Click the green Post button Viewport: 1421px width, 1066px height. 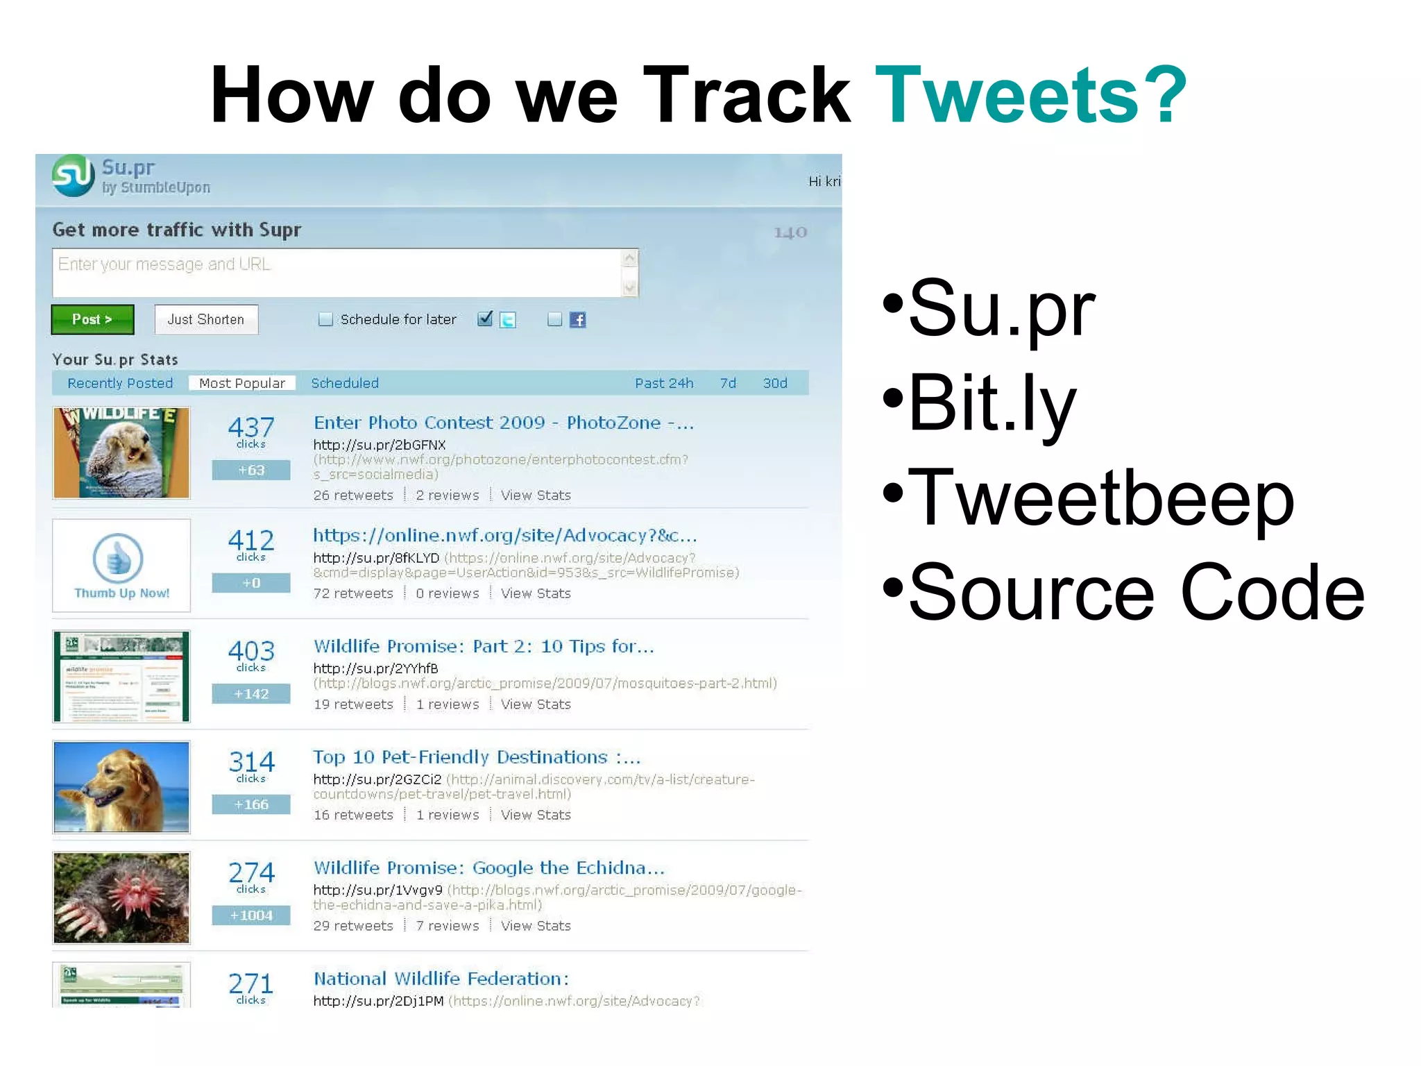(x=92, y=319)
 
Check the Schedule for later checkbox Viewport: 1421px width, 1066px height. (x=325, y=319)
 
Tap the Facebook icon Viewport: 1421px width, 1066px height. (x=577, y=319)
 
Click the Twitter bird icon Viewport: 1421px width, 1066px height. (x=508, y=319)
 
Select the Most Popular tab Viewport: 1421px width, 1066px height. (x=241, y=383)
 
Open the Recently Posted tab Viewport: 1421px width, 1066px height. (x=120, y=383)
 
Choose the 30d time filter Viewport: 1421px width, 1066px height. (x=775, y=383)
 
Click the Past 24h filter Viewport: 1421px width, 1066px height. (x=664, y=383)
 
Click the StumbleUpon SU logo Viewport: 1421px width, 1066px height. (x=74, y=176)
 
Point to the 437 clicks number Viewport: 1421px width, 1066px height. (x=251, y=427)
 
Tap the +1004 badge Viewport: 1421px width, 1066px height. (x=251, y=915)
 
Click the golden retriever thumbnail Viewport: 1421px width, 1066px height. (x=121, y=787)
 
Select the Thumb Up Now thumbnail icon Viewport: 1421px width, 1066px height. (x=118, y=559)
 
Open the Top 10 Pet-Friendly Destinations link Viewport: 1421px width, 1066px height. (x=477, y=757)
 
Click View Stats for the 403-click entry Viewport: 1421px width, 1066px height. (x=536, y=704)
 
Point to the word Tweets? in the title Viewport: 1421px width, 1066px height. (x=1031, y=95)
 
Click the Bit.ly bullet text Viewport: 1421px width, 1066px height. (x=992, y=403)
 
